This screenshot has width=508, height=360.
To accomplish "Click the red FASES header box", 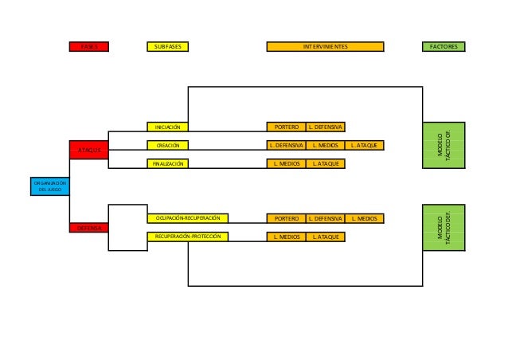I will tap(88, 47).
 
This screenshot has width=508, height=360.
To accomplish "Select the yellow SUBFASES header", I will tap(168, 47).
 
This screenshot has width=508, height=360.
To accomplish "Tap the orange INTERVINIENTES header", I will tap(325, 47).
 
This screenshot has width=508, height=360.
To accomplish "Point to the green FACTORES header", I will tap(443, 47).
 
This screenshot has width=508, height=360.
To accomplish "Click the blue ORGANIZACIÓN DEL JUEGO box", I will tap(49, 186).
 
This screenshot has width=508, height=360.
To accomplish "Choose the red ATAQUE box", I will tap(88, 150).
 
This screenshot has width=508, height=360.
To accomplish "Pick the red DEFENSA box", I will tap(88, 228).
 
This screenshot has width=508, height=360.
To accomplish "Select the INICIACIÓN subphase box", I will tap(167, 127).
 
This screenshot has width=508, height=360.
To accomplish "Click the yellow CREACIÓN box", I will tap(167, 145).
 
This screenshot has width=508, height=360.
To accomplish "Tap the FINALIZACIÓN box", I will tap(168, 163).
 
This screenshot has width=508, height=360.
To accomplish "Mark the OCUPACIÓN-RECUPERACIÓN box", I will tap(188, 218).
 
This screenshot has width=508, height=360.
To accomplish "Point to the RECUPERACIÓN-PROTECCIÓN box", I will tap(188, 237).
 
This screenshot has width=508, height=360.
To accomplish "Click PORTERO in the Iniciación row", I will tap(286, 127).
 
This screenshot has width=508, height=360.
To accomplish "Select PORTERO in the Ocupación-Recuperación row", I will tap(286, 218).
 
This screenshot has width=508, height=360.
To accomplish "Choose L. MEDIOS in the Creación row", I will tap(325, 145).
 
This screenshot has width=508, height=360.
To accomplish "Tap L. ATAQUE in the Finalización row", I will tap(325, 163).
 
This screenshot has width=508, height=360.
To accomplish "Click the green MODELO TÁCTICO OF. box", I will tap(443, 145).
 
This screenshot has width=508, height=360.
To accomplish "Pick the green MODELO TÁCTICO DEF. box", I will tap(443, 227).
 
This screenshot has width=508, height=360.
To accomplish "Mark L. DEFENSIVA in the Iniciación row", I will tap(325, 127).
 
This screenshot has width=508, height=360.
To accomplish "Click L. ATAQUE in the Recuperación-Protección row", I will tap(325, 237).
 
